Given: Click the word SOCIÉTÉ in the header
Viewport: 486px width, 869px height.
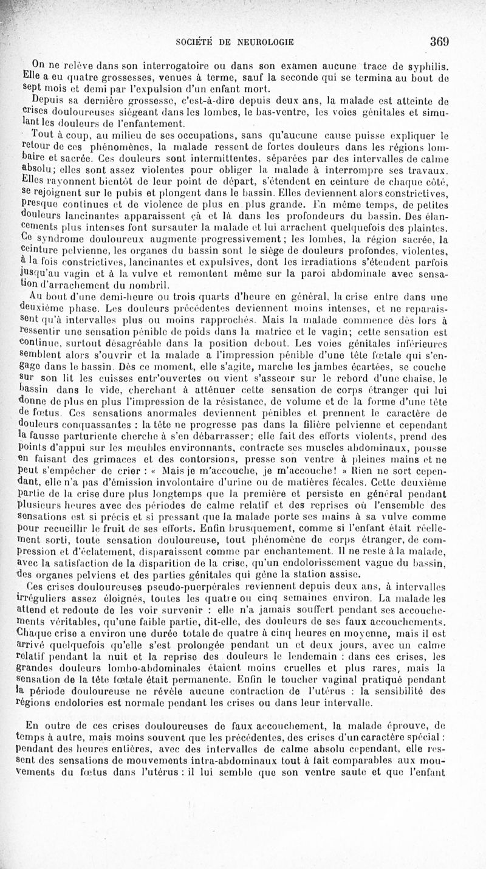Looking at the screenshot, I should (x=195, y=43).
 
